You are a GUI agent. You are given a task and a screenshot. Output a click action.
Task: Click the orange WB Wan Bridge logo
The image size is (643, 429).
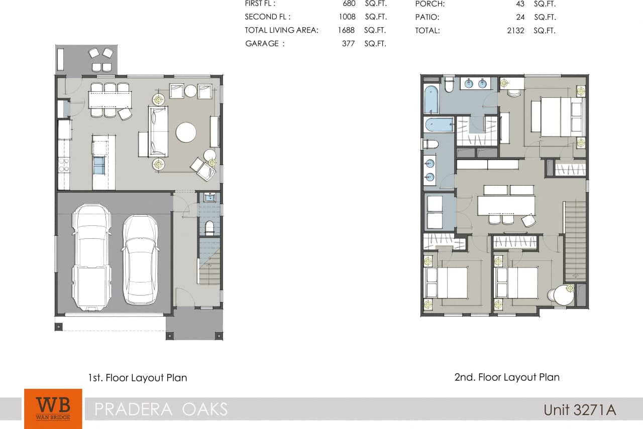pos(53,408)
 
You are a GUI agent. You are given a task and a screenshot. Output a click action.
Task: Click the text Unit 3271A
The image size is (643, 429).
pos(579,409)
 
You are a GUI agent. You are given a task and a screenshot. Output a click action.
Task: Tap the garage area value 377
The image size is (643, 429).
pos(348,44)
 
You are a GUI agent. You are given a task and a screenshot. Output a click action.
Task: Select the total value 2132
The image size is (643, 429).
pos(515,31)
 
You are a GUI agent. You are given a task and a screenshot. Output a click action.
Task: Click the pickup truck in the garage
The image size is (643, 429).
pos(91,257)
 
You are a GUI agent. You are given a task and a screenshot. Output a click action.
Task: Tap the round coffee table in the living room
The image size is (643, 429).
pos(186,133)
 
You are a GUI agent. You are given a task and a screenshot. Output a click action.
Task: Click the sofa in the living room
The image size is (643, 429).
pos(158,131)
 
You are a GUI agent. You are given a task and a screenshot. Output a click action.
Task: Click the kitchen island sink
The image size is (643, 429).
pos(99,165)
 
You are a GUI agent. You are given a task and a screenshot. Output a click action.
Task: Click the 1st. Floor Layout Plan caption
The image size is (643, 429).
pos(137,378)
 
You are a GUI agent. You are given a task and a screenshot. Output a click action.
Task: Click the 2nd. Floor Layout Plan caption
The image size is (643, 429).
pos(506,377)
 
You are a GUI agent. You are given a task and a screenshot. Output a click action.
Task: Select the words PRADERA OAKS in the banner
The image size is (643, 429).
pos(161,409)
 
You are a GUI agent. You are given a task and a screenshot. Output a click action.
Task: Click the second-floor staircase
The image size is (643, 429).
pos(575,241)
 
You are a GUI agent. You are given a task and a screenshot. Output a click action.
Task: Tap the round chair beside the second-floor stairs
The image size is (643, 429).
pos(564,296)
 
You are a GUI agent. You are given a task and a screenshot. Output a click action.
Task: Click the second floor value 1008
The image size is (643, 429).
pos(347,17)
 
